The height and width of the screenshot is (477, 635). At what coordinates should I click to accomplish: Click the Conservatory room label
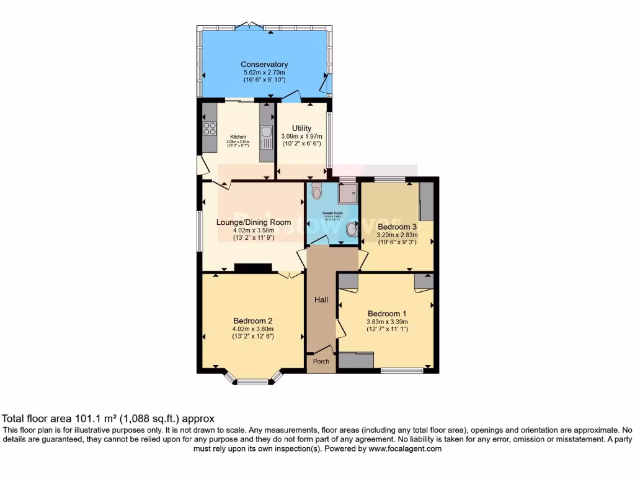(x=264, y=65)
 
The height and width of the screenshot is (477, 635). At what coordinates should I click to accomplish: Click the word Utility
(x=301, y=128)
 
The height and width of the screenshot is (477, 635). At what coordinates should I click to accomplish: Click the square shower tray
(x=348, y=194)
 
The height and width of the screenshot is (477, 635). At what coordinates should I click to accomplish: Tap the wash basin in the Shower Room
(x=352, y=230)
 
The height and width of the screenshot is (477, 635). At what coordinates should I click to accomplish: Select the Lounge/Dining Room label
(x=254, y=222)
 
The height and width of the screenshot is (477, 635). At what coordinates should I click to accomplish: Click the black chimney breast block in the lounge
(x=253, y=268)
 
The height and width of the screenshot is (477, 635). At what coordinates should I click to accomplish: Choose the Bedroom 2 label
(x=253, y=320)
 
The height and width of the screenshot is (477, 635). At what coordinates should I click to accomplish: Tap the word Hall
(x=321, y=300)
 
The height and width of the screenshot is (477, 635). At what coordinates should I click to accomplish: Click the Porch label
(x=321, y=362)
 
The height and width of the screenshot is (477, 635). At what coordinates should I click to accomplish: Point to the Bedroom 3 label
(x=397, y=227)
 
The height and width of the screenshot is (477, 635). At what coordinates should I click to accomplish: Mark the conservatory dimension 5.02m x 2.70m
(x=264, y=73)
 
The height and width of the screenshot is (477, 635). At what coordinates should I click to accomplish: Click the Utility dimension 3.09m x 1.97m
(x=301, y=136)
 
